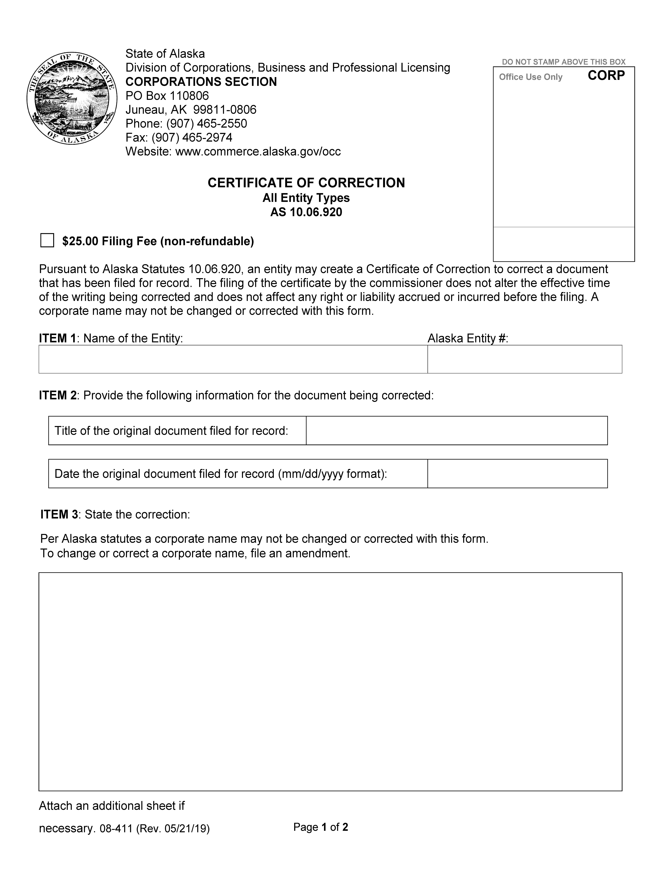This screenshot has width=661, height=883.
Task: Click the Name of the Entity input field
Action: (233, 359)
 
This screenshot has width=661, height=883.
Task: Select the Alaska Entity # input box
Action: (524, 359)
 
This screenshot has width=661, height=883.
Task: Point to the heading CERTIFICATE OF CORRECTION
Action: (306, 183)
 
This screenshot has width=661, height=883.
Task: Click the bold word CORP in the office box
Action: (606, 75)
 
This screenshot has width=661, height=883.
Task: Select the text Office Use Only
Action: (530, 77)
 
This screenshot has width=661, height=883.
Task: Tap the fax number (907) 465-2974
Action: (192, 137)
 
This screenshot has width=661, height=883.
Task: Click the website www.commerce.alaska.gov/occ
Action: (258, 151)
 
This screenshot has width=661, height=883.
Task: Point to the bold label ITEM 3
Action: (59, 514)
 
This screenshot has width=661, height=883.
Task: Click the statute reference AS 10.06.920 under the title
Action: (306, 212)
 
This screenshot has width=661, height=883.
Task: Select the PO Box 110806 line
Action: (167, 96)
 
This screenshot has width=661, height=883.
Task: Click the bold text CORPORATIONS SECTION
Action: (201, 82)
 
